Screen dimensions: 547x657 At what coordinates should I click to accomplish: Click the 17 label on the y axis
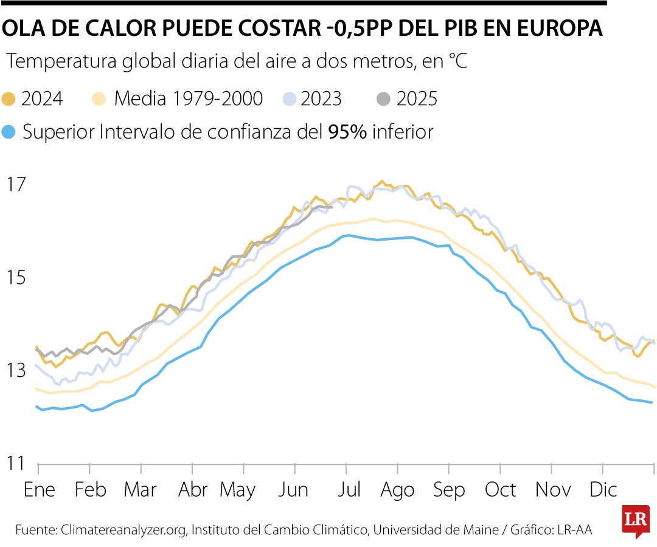click(x=18, y=184)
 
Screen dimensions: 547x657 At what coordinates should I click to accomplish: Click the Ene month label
click(x=40, y=490)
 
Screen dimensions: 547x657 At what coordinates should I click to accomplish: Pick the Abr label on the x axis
click(x=193, y=490)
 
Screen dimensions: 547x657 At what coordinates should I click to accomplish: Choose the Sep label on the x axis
click(x=450, y=490)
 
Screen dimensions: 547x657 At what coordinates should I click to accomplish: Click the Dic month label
click(x=603, y=490)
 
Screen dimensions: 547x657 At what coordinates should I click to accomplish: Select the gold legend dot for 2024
click(x=9, y=99)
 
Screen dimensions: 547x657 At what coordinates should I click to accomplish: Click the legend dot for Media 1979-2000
click(x=99, y=99)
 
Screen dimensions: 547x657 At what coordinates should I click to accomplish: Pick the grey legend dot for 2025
click(x=384, y=99)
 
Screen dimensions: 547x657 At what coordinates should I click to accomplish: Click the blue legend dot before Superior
click(x=9, y=132)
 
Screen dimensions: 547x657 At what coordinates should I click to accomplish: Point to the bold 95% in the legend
click(x=347, y=132)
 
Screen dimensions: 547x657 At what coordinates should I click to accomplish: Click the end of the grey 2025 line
click(x=331, y=207)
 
